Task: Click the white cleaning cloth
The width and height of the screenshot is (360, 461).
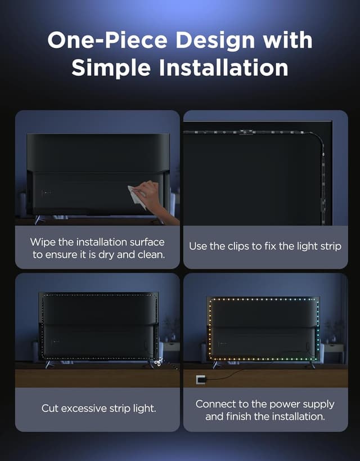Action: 136,196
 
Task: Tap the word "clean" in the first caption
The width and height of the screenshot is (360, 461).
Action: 151,255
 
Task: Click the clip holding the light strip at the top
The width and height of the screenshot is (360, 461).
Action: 245,132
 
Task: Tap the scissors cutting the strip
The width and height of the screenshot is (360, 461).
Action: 158,363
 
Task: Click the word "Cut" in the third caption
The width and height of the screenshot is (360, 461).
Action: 49,408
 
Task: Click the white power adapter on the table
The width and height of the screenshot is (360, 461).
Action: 200,379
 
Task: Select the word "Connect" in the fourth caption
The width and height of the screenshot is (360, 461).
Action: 215,404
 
